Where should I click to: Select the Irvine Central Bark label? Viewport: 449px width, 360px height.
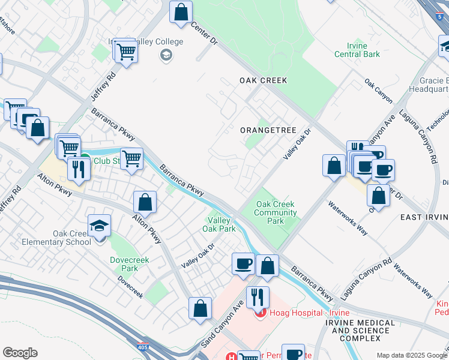[364, 50]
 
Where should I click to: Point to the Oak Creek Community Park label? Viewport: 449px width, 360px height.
[276, 212]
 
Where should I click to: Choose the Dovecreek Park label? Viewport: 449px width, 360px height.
[128, 265]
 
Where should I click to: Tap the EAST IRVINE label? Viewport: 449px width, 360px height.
[424, 217]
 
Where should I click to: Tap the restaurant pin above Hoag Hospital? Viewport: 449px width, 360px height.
[258, 296]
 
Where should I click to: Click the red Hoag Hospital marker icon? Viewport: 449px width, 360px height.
[260, 313]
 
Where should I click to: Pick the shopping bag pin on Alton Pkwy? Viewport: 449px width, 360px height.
[145, 202]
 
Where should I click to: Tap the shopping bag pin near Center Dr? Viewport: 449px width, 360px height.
[181, 12]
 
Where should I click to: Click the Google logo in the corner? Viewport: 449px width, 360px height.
[20, 353]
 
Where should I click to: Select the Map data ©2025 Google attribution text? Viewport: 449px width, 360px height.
[411, 355]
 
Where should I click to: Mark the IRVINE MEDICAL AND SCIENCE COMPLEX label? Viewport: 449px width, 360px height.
[360, 331]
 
